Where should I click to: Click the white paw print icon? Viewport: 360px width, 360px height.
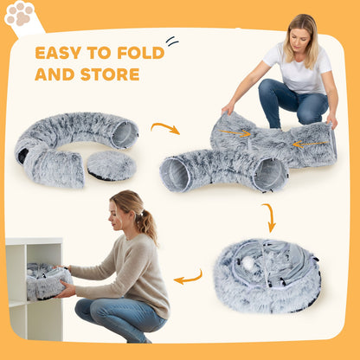[x=18, y=15]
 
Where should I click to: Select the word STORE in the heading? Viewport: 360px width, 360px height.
[x=112, y=74]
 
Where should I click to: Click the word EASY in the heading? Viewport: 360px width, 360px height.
[x=62, y=53]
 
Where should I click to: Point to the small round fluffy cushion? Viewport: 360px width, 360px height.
[x=111, y=164]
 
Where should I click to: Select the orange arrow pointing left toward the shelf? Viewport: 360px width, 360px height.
[x=188, y=278]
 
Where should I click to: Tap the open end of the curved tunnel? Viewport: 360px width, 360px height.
[x=125, y=134]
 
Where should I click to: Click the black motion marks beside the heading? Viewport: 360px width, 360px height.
[x=171, y=41]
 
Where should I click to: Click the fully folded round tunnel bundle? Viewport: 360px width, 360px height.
[x=267, y=275]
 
